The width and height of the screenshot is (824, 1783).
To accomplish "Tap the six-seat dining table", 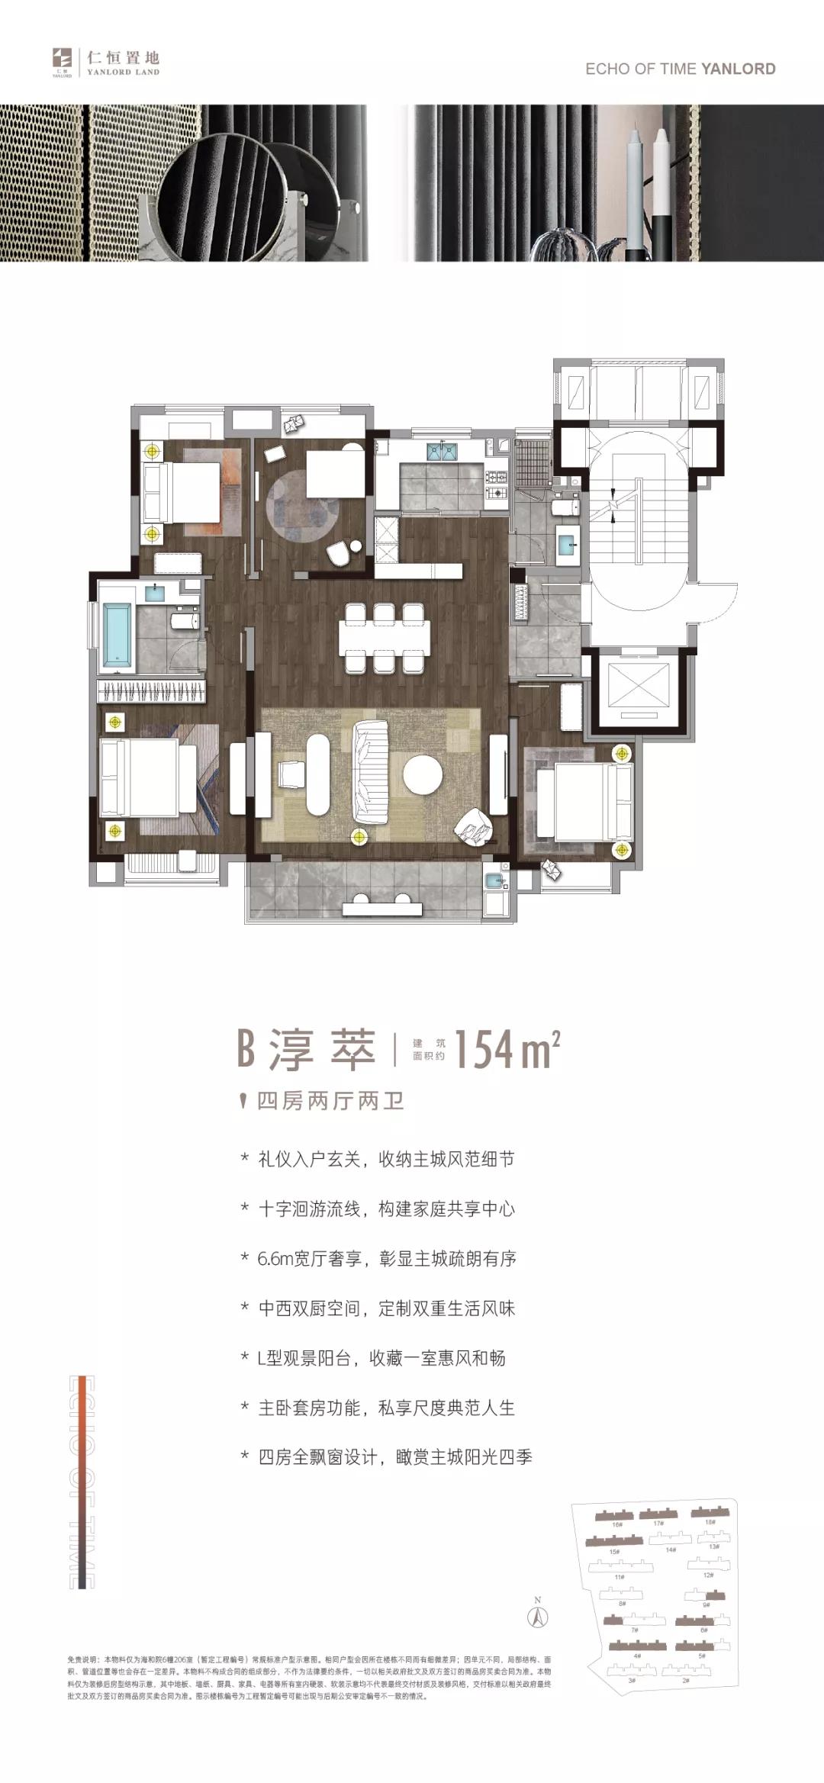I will [x=385, y=638].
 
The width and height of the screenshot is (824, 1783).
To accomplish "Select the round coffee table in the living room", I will [x=423, y=775].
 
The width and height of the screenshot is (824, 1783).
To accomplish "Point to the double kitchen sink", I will [x=442, y=453].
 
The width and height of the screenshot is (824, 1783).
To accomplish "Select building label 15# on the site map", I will [x=614, y=1551].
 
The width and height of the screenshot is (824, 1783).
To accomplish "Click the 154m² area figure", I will [x=507, y=1050].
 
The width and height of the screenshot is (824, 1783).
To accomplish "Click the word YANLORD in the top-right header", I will [x=738, y=69].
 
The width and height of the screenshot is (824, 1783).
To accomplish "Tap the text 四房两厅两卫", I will [x=330, y=1101].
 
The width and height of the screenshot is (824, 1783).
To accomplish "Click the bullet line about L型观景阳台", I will [x=381, y=1358].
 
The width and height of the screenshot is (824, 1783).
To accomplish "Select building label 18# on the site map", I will [x=710, y=1522].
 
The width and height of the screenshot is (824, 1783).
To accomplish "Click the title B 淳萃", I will [x=307, y=1049].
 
